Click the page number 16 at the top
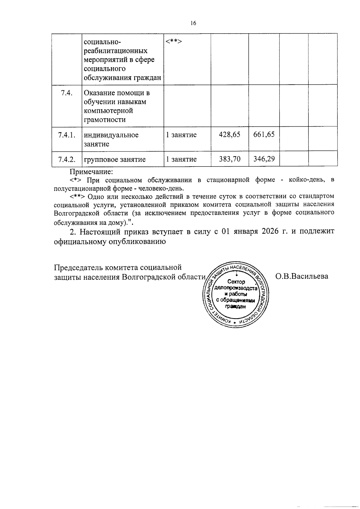[193, 23]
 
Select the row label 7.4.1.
[67, 135]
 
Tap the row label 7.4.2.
[67, 159]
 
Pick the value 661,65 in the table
[264, 134]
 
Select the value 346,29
[264, 159]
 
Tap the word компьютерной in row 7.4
[108, 111]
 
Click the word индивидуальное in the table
[111, 135]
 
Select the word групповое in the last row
[98, 159]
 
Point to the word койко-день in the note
[306, 180]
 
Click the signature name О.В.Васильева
[302, 276]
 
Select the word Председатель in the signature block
[77, 267]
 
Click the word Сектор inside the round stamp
[236, 282]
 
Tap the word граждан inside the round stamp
[236, 306]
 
